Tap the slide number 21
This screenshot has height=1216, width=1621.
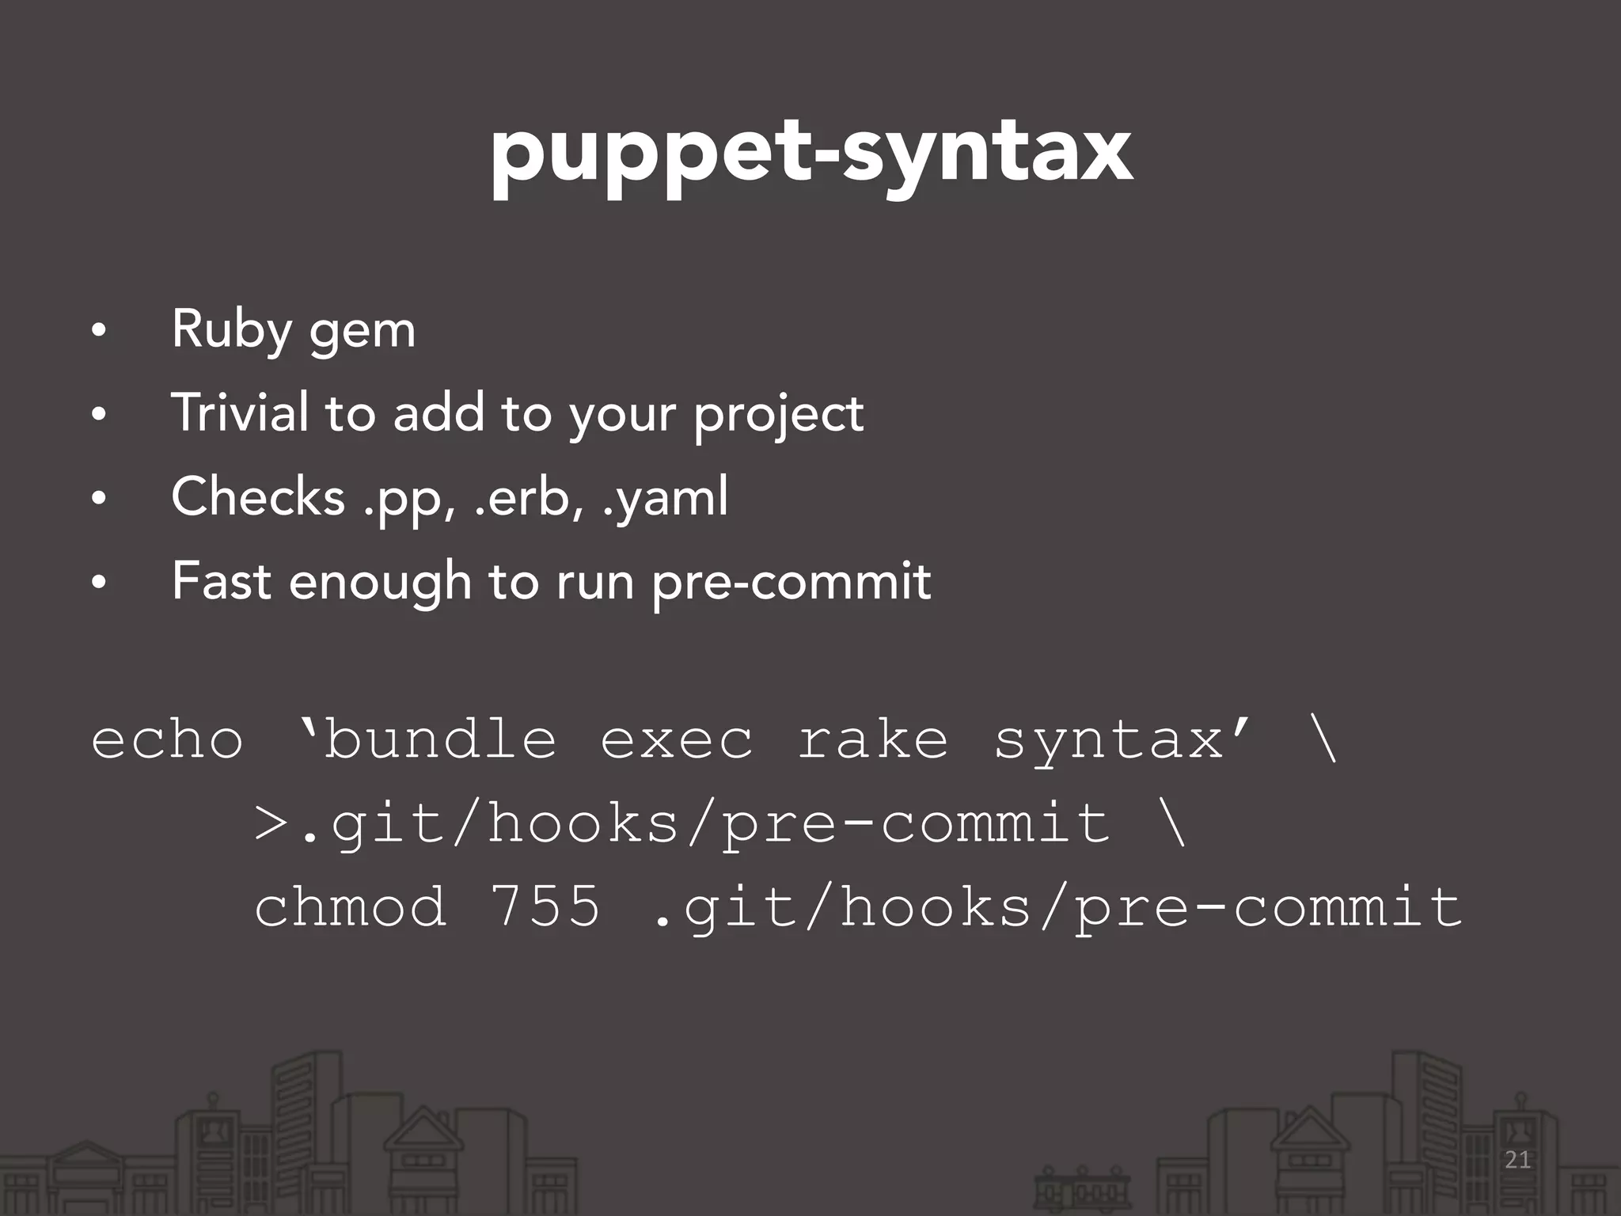1517,1160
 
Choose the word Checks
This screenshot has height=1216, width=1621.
258,497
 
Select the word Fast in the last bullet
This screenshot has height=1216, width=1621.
222,581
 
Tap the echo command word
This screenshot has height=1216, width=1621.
167,740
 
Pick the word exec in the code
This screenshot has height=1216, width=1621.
676,740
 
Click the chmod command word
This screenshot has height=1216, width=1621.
350,907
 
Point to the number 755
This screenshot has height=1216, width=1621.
545,906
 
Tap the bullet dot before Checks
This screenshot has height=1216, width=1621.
98,499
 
